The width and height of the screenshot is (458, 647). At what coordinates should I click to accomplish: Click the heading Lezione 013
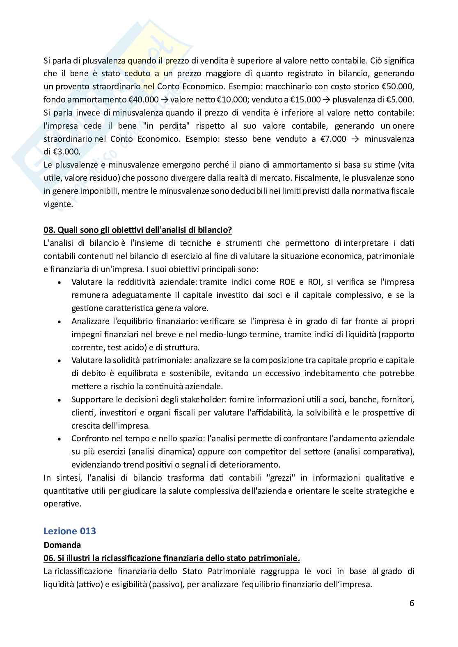coord(69,531)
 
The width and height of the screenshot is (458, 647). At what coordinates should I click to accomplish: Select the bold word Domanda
coord(62,545)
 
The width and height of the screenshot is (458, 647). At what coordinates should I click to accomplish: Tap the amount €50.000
coord(398,86)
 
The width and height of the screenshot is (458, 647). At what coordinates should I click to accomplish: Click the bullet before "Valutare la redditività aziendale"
coord(60,283)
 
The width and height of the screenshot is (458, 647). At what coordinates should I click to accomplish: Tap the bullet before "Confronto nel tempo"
coord(60,439)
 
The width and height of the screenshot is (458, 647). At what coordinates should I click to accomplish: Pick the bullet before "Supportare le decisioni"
coord(60,400)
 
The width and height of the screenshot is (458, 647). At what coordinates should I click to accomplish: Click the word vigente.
coord(58,204)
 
